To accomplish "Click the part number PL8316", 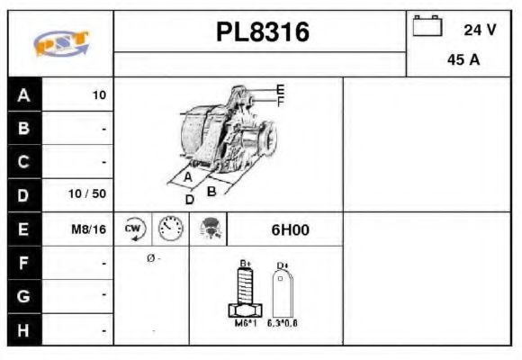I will (x=262, y=32).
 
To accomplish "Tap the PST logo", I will (x=60, y=42).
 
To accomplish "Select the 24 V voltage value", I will (x=480, y=30).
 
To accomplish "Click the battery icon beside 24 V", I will (x=427, y=26).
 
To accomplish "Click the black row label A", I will (x=23, y=95).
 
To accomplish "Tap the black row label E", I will (x=23, y=229).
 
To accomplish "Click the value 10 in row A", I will (x=99, y=95).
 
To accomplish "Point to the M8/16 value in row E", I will (x=88, y=229).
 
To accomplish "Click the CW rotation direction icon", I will (x=134, y=229).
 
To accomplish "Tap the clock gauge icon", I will (x=169, y=229).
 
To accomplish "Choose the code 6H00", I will (x=290, y=229).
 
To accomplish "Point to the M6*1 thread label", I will (x=245, y=322).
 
